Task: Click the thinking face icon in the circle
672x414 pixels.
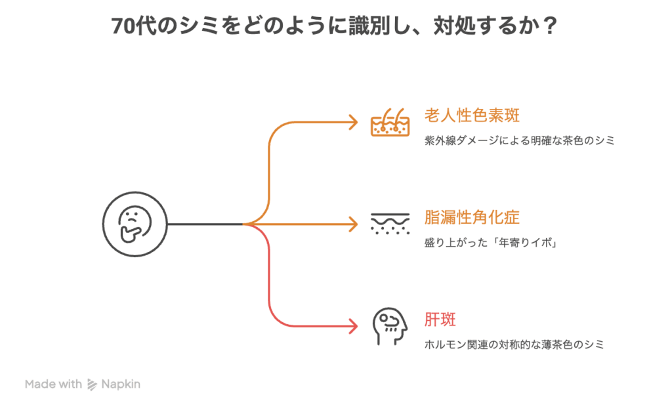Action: [135, 224]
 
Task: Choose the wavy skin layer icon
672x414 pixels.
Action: [390, 224]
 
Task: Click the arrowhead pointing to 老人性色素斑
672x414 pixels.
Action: [354, 122]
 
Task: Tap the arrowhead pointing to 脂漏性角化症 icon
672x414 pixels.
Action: [354, 224]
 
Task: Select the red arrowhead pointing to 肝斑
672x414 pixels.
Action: [354, 326]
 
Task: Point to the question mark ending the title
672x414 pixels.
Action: [551, 26]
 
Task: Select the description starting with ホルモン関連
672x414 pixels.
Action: [514, 344]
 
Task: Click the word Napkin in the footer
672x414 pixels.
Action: [121, 384]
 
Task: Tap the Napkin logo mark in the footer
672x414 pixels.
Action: [92, 384]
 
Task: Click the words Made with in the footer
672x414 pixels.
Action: [53, 384]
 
